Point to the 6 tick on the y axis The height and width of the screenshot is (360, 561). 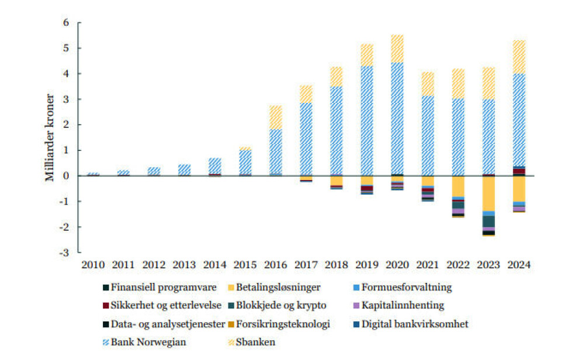coord(66,23)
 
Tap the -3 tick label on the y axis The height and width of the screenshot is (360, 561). coord(64,252)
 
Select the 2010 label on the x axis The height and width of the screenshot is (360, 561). coord(93,265)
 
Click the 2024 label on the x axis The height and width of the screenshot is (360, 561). coord(518,265)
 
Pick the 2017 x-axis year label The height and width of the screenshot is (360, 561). coord(306,265)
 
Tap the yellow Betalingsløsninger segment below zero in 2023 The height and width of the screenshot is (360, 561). coord(488,193)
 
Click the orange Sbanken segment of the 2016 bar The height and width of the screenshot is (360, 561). coord(275,117)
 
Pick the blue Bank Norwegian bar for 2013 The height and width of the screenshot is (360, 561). coord(184,170)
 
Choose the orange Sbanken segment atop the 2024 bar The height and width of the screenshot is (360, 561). coord(518,57)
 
